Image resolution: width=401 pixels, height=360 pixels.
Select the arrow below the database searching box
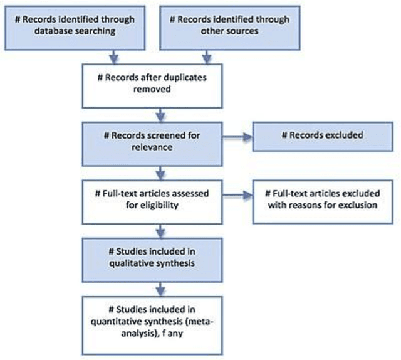tap(113, 58)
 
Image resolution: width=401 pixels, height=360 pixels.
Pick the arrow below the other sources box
tap(207, 58)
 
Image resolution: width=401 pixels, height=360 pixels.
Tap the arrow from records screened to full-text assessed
tap(162, 170)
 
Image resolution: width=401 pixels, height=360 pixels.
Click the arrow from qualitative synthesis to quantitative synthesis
tap(162, 287)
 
